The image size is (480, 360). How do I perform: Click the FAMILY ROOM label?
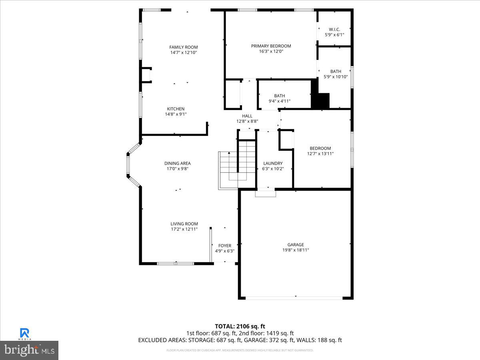pyautogui.click(x=183, y=47)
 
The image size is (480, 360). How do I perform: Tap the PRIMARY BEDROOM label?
pyautogui.click(x=271, y=46)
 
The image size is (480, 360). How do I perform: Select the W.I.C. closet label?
pyautogui.click(x=334, y=29)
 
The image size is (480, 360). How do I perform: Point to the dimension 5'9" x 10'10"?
pyautogui.click(x=336, y=77)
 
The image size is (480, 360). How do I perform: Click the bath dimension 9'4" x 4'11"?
pyautogui.click(x=279, y=101)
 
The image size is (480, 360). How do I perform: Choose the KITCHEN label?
pyautogui.click(x=176, y=109)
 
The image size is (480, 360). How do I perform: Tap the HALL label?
pyautogui.click(x=247, y=116)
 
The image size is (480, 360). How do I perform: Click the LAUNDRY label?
pyautogui.click(x=273, y=163)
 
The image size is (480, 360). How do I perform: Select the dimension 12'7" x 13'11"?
pyautogui.click(x=320, y=154)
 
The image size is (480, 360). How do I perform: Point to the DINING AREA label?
pyautogui.click(x=177, y=163)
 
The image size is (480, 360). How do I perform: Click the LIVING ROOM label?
pyautogui.click(x=184, y=224)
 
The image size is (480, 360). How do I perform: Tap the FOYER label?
pyautogui.click(x=224, y=246)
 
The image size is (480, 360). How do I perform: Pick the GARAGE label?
pyautogui.click(x=296, y=245)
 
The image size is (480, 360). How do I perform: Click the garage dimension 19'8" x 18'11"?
pyautogui.click(x=296, y=250)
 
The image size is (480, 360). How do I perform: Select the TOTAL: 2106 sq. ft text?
pyautogui.click(x=240, y=326)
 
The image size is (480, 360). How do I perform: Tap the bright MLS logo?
pyautogui.click(x=29, y=350)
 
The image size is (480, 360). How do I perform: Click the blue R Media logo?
pyautogui.click(x=24, y=333)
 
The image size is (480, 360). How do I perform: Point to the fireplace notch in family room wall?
pyautogui.click(x=147, y=75)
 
